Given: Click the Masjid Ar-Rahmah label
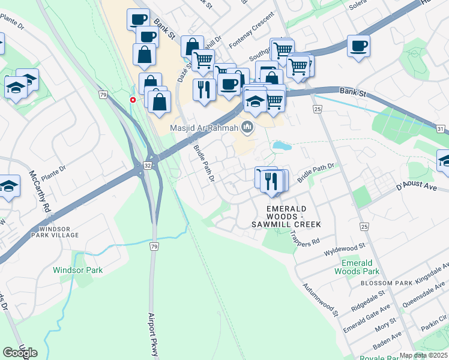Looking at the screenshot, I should (x=202, y=127).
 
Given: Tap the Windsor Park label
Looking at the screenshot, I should (x=77, y=270).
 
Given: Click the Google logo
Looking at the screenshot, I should (x=20, y=353).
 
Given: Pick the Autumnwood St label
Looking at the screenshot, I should (x=321, y=300).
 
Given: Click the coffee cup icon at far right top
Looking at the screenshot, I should (x=358, y=46).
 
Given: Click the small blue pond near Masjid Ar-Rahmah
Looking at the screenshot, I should (x=280, y=145).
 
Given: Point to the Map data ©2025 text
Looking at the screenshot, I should (x=423, y=355).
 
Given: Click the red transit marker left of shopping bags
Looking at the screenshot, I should (x=133, y=100).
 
